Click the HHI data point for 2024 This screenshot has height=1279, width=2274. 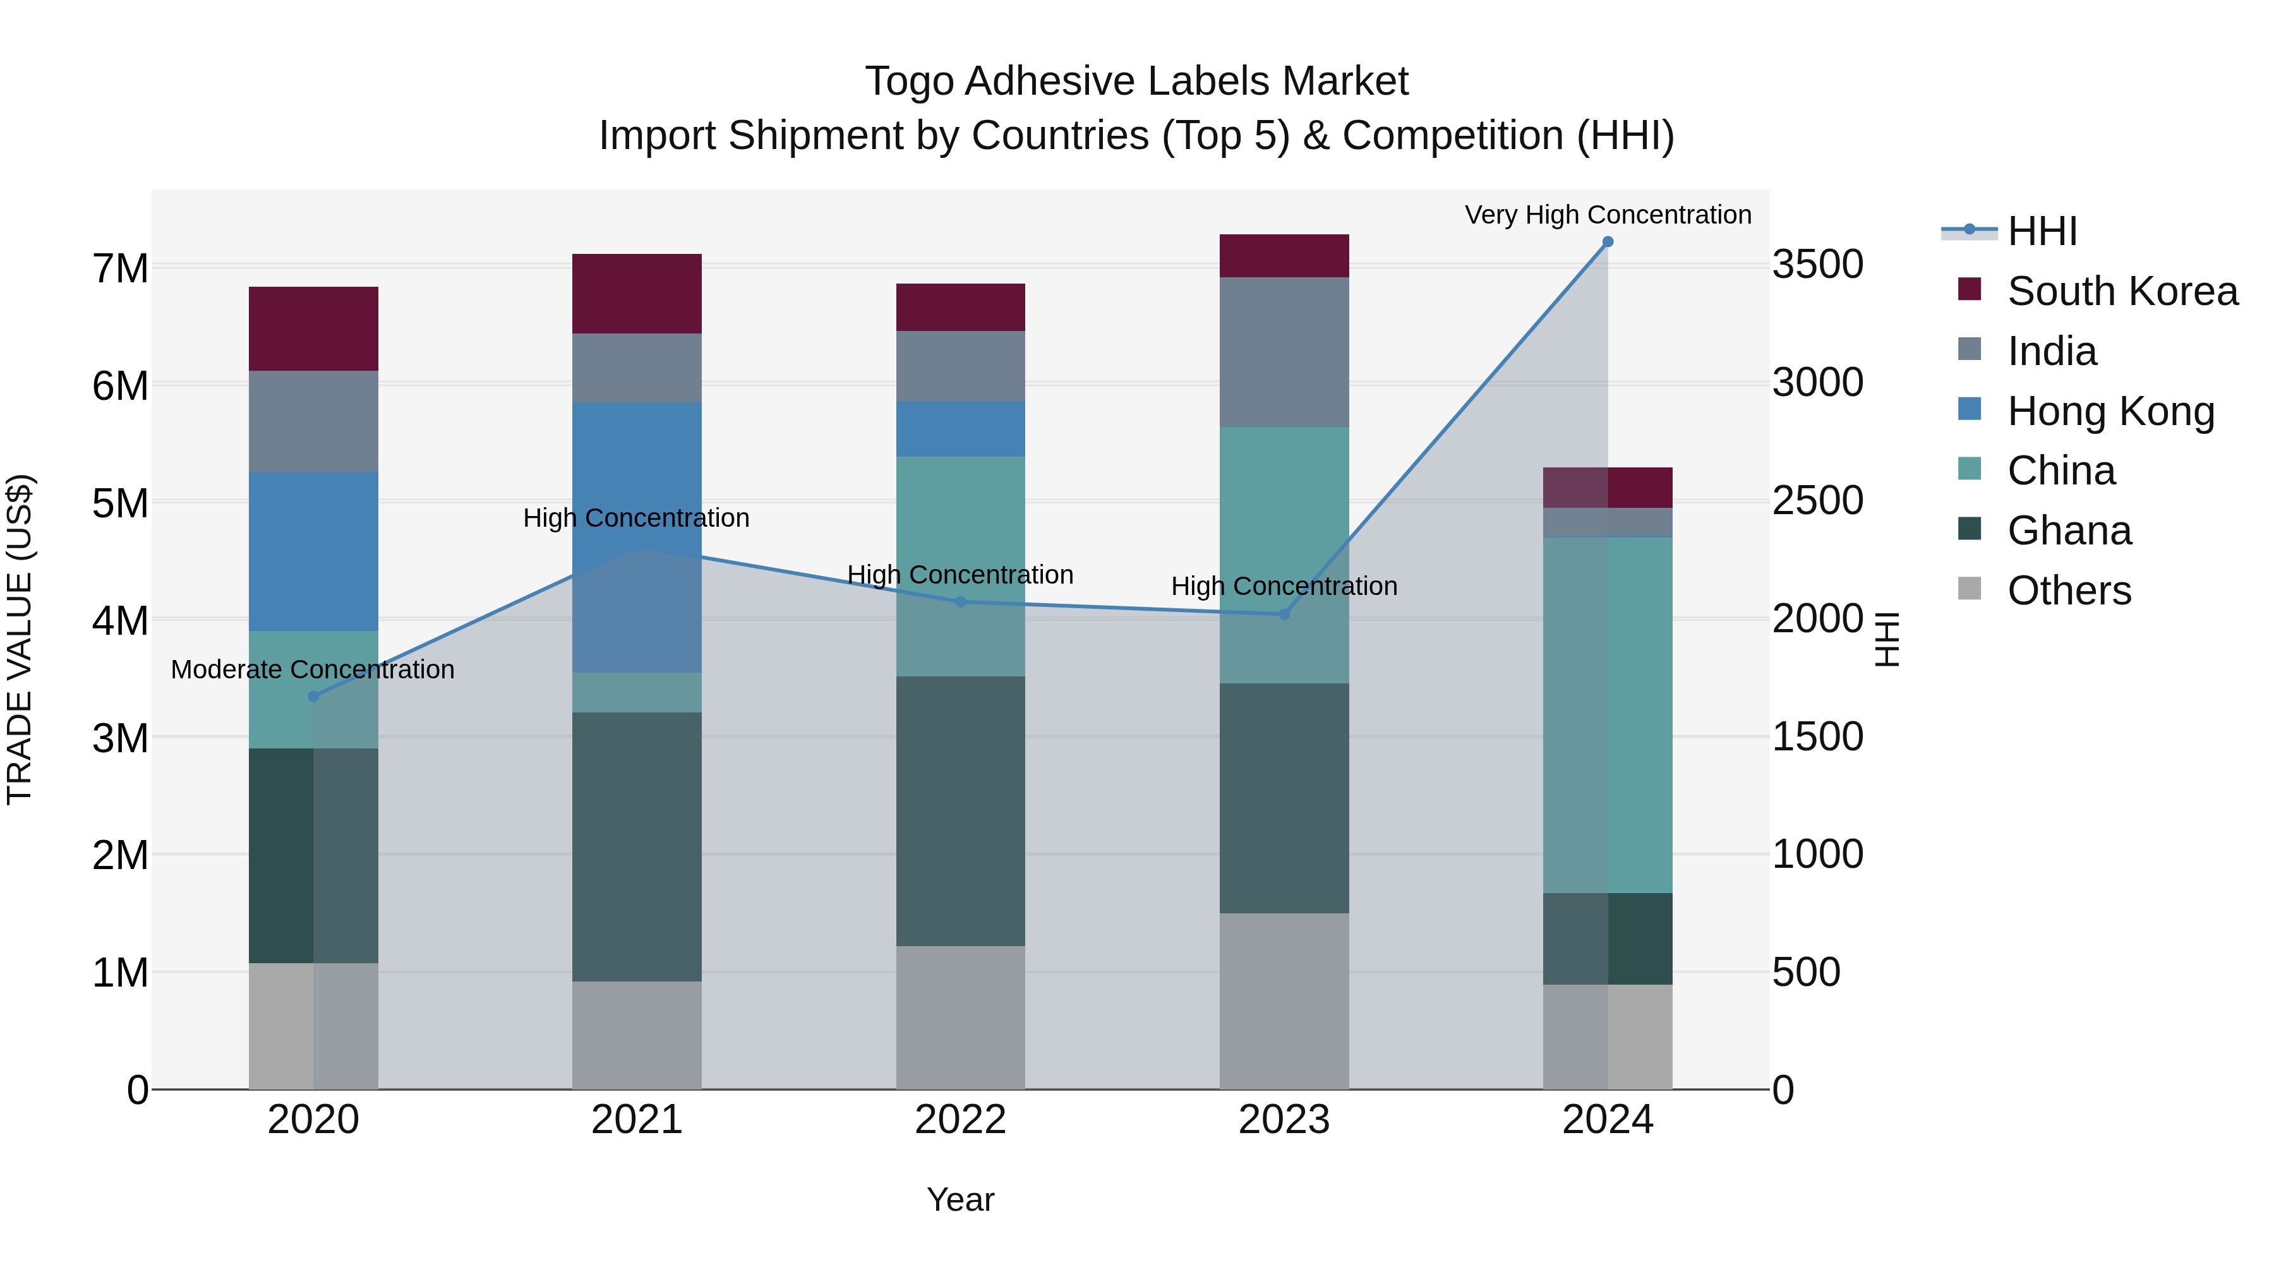click(1608, 242)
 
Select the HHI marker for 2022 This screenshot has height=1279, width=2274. click(960, 602)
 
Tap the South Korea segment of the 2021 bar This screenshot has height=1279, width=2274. click(637, 293)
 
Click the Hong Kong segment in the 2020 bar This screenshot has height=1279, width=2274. click(313, 551)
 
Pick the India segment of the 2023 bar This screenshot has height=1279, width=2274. click(1284, 352)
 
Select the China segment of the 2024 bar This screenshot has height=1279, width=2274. click(1608, 715)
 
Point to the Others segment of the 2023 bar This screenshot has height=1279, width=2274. click(1284, 1001)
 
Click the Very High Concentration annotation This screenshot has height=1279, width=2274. click(1608, 215)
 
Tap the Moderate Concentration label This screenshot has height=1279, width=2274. click(313, 670)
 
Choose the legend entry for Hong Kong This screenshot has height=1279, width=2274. click(2110, 411)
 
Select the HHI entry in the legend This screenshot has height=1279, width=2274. click(2041, 231)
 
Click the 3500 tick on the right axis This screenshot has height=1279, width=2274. click(1817, 265)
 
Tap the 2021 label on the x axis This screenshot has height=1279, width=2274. click(637, 1120)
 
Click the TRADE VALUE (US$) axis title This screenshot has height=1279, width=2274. click(20, 639)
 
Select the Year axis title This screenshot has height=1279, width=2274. click(960, 1199)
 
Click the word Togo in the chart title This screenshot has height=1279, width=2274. click(909, 81)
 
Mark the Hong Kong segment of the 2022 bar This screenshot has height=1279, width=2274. click(960, 429)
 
